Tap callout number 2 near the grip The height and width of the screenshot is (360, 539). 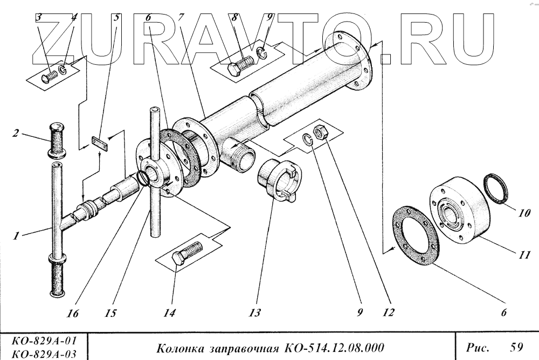coord(16,133)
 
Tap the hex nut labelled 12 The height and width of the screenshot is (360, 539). coord(318,131)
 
